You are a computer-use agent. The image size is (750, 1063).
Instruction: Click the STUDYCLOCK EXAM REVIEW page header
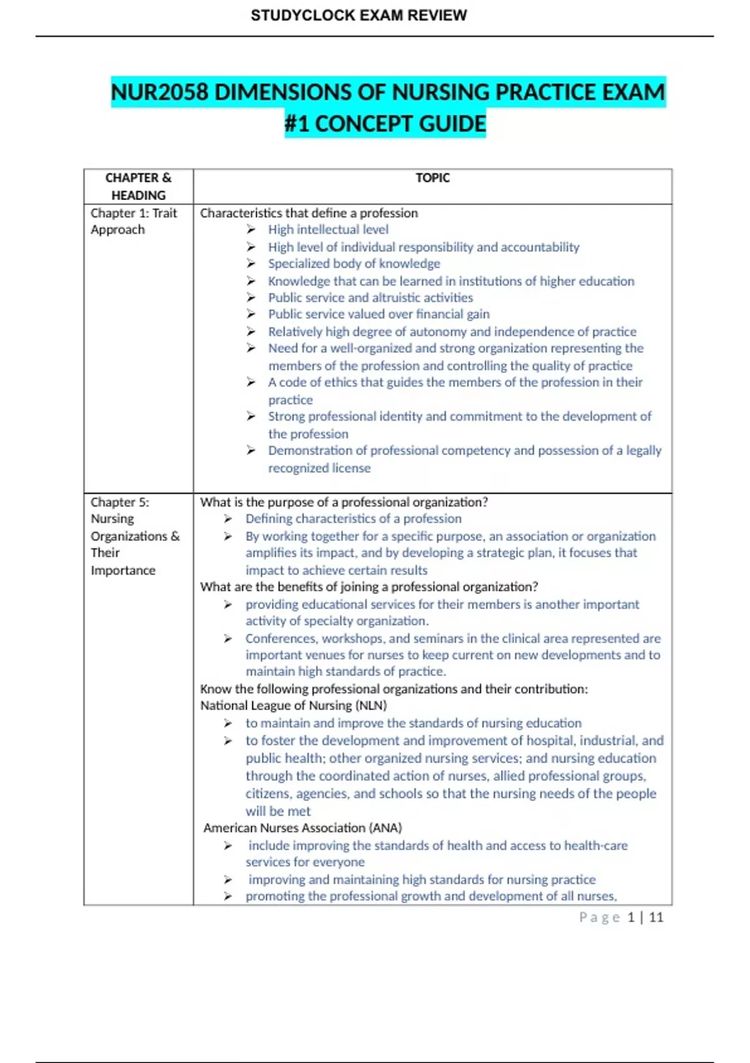359,16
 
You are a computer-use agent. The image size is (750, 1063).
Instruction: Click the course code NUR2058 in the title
159,93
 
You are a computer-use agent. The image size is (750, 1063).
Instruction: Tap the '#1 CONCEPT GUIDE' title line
385,124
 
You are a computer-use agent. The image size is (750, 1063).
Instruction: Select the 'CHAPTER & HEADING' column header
138,186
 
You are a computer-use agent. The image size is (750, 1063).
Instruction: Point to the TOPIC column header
432,178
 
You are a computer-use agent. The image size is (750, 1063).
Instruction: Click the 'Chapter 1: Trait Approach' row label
133,221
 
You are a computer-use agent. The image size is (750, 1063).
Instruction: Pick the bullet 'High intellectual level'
328,229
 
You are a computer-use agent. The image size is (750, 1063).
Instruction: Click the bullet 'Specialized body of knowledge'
354,263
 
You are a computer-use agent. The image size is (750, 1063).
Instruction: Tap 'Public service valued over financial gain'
379,314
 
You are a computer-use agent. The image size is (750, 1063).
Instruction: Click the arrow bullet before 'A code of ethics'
251,382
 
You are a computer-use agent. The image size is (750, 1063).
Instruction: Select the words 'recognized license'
319,468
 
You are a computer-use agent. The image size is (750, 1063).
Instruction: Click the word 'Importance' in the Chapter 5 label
123,570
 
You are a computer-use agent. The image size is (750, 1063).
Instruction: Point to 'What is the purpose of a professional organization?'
344,502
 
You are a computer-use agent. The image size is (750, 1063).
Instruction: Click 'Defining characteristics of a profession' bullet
353,518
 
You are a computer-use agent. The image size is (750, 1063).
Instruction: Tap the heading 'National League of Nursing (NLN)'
293,705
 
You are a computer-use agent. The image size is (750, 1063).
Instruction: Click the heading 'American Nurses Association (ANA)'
302,828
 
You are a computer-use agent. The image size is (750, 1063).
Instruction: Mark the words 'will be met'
277,811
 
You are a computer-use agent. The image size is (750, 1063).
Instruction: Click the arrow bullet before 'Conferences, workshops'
228,638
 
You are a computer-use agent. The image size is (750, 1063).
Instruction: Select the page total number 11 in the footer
656,917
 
